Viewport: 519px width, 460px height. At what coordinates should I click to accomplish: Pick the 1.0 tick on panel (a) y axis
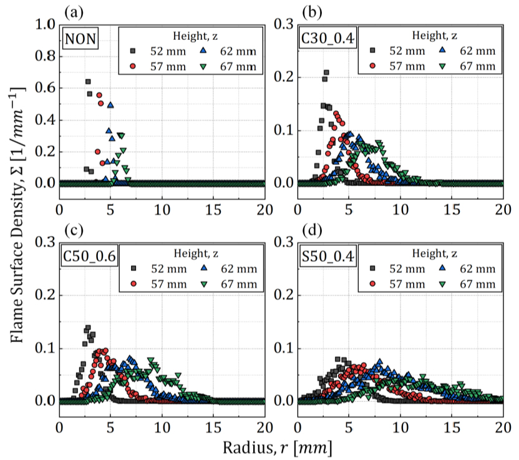[x=45, y=24]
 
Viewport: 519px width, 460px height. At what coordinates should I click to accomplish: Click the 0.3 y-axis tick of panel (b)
[x=284, y=24]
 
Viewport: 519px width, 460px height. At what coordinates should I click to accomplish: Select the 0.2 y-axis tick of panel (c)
[x=45, y=295]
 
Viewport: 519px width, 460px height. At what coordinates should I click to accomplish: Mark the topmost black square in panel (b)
[x=326, y=73]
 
